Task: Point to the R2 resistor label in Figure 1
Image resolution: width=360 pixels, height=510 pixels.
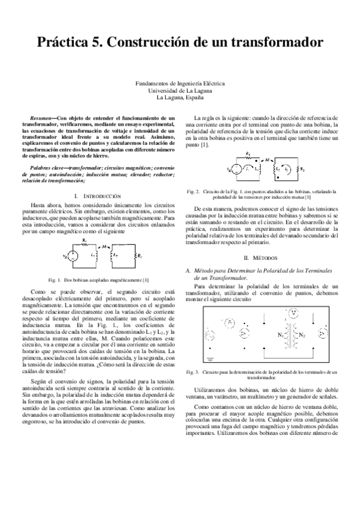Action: pyautogui.click(x=140, y=256)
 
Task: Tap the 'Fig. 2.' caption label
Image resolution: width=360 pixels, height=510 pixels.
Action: pyautogui.click(x=193, y=191)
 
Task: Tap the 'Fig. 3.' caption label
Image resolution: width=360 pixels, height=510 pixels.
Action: pyautogui.click(x=193, y=372)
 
